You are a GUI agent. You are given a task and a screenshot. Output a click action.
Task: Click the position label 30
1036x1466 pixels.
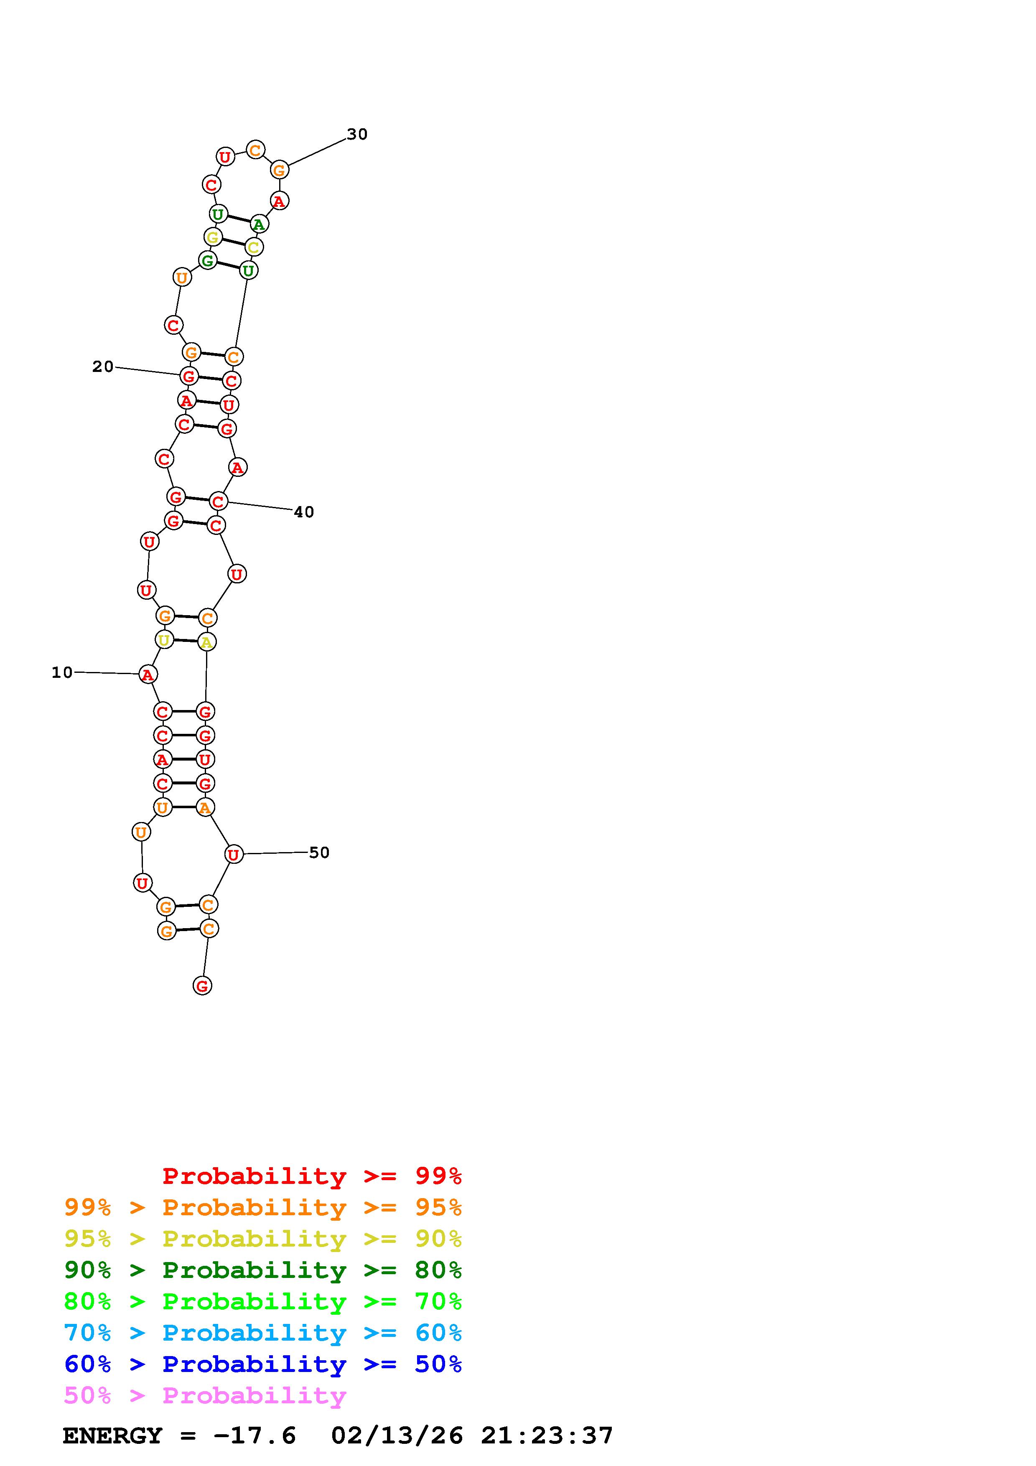(357, 134)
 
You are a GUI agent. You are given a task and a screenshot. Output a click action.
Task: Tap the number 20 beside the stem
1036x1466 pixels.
(103, 366)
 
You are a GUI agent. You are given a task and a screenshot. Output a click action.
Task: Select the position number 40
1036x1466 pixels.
(304, 512)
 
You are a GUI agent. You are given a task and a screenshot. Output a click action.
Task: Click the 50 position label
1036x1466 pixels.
(319, 853)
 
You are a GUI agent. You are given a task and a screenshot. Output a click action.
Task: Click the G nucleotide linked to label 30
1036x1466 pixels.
(279, 170)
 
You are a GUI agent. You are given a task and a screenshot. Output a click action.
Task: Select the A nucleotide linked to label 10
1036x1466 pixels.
(148, 674)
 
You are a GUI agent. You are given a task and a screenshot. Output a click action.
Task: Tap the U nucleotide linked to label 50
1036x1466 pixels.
(234, 854)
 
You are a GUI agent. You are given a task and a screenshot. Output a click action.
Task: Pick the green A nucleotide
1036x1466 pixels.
(259, 224)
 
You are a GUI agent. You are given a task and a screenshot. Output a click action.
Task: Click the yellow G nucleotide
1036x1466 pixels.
(213, 237)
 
